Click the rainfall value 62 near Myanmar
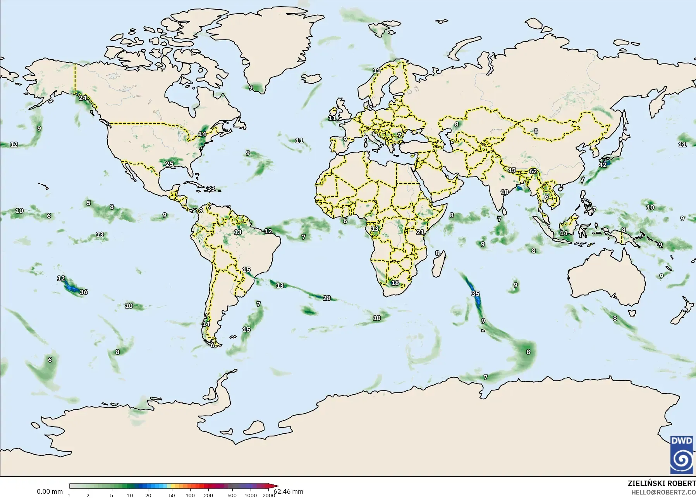tap(533, 171)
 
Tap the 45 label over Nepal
tap(512, 170)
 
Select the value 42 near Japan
tap(603, 164)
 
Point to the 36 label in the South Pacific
tap(84, 292)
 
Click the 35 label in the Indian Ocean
tap(475, 293)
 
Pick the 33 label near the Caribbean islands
tap(211, 189)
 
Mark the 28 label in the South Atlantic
tap(327, 298)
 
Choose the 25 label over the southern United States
tap(169, 164)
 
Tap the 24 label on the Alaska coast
tap(83, 98)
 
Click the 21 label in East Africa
tap(420, 232)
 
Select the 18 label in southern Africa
tap(395, 283)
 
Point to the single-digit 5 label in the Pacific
tap(89, 203)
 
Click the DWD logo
tap(683, 455)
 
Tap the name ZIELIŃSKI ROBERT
tap(662, 484)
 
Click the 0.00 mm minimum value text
tap(50, 491)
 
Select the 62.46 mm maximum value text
tap(289, 491)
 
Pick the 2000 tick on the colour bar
tap(269, 495)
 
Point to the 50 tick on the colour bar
tap(172, 495)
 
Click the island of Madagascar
tap(437, 265)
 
